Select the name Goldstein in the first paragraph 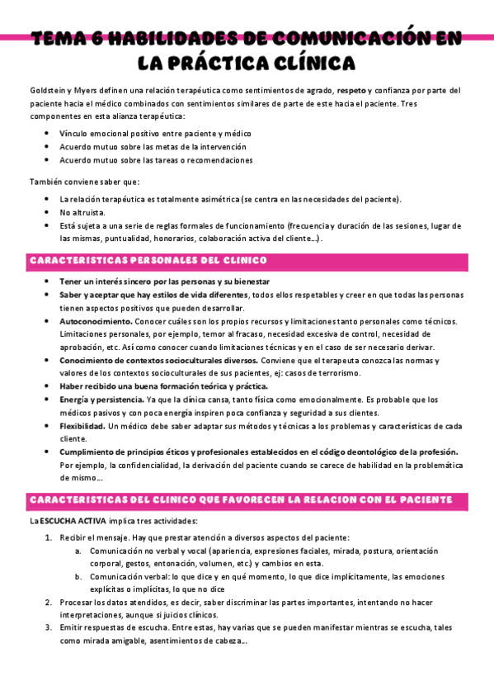click(47, 90)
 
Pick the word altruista click(84, 212)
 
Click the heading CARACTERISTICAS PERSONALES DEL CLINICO click(148, 261)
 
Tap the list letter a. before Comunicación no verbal click(78, 551)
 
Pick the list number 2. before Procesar click(49, 603)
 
